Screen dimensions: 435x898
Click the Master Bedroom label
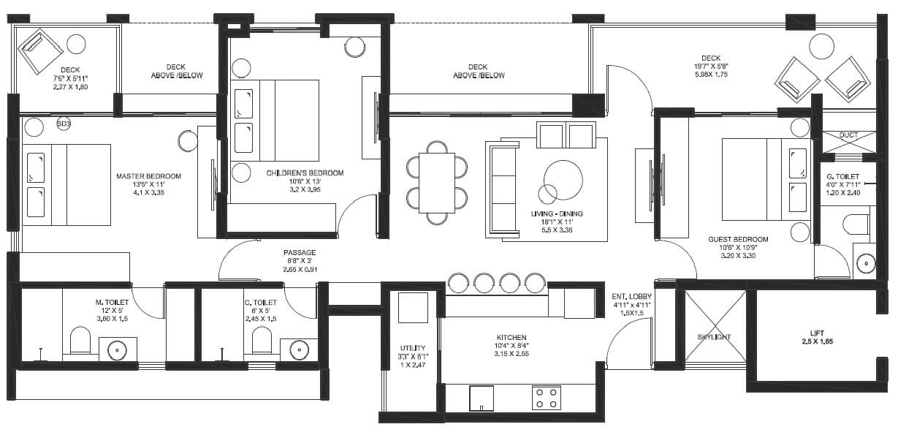148,176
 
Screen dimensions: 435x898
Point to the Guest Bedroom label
738,239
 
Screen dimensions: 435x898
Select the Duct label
848,135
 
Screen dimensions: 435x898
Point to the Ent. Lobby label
631,296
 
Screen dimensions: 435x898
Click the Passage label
300,253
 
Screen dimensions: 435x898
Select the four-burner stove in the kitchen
546,398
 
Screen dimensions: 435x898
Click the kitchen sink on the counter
482,398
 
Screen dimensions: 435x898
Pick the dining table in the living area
437,182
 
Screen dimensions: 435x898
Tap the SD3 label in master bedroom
64,124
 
